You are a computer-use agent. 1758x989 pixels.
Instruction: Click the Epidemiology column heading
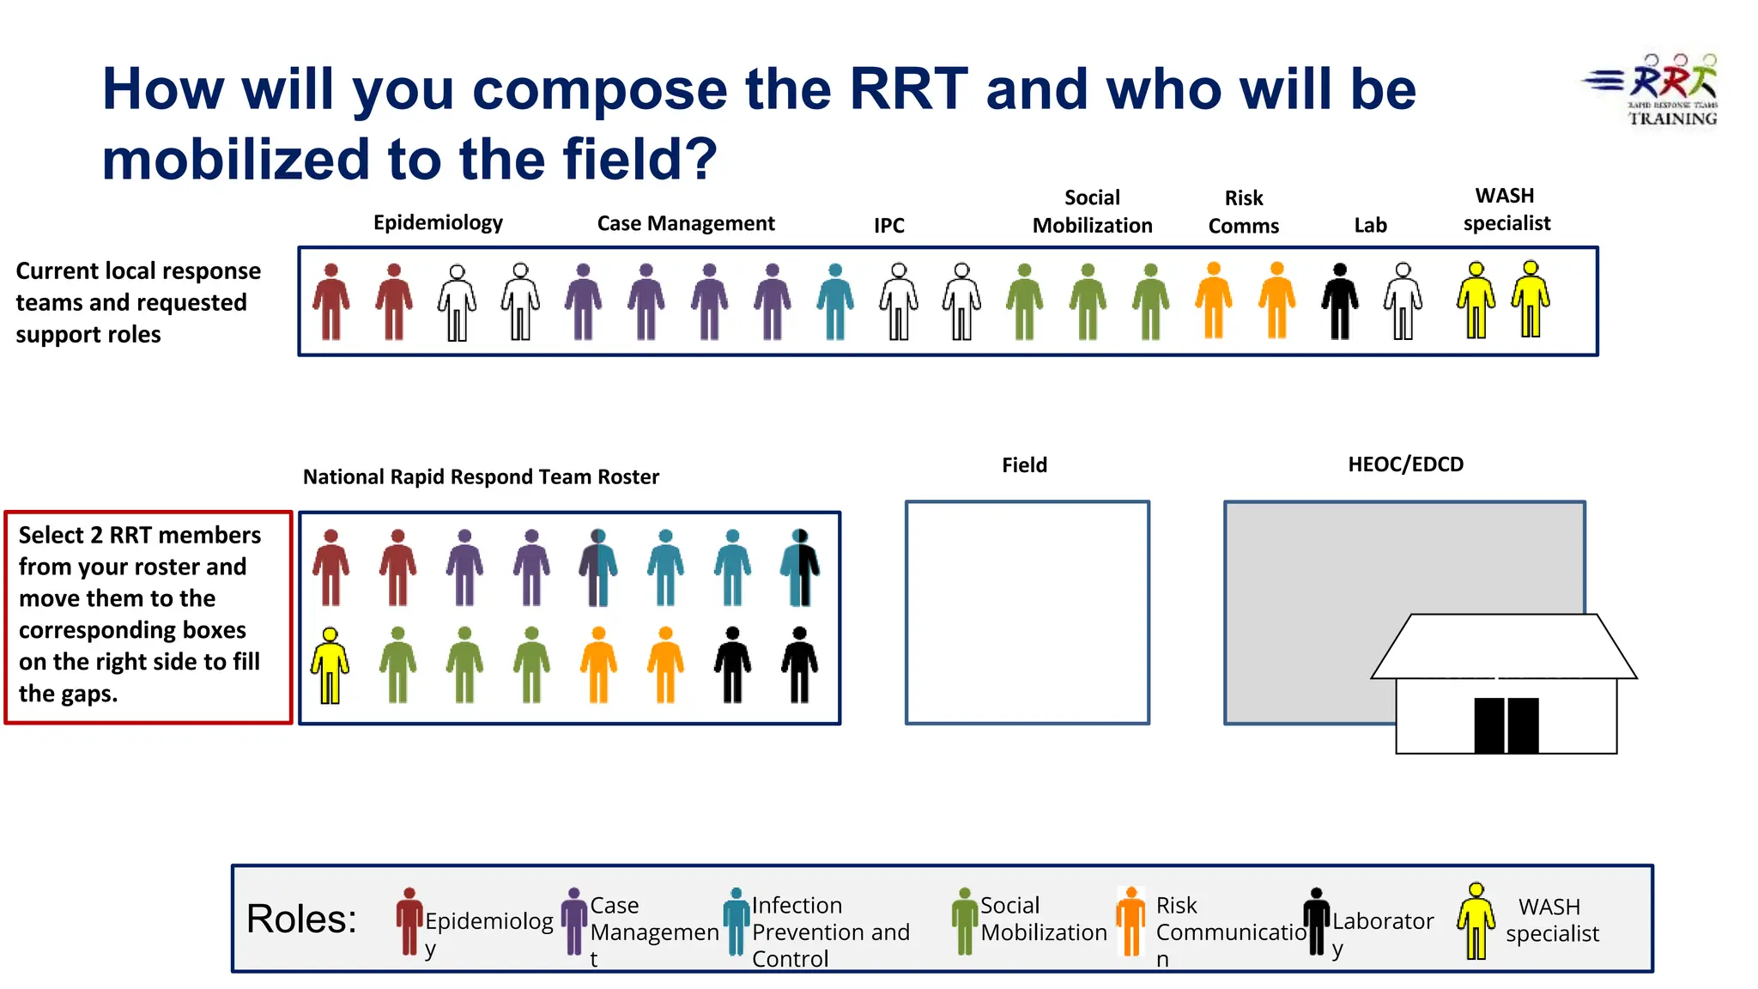point(438,222)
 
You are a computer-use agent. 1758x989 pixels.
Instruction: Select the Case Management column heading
point(686,223)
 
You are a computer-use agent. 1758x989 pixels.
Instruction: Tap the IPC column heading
point(889,225)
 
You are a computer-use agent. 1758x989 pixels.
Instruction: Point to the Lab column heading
point(1370,225)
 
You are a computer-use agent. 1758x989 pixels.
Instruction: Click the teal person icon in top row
point(835,302)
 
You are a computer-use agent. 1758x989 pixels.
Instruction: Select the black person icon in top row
point(1340,302)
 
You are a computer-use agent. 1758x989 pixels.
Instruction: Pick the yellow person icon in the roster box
point(330,666)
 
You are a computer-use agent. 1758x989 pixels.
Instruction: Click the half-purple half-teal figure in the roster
point(598,568)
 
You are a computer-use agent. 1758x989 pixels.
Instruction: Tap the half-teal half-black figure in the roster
point(800,568)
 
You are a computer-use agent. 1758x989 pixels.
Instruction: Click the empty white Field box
point(1028,612)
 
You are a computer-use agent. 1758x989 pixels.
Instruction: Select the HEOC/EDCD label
point(1405,464)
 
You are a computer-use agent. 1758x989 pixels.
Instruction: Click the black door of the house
point(1506,725)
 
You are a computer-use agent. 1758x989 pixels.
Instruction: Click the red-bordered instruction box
point(148,617)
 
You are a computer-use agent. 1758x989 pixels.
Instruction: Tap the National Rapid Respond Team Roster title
point(481,477)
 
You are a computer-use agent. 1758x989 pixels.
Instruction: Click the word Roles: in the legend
point(301,919)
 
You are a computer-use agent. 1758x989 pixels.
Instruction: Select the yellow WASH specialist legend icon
point(1476,921)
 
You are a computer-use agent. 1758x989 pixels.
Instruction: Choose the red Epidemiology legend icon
point(409,921)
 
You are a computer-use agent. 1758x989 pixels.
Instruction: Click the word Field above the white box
point(1024,465)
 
